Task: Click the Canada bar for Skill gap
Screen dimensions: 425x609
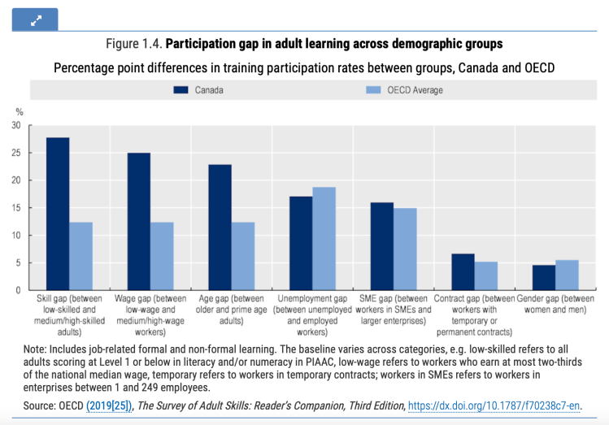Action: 58,214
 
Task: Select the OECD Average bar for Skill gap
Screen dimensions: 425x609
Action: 80,256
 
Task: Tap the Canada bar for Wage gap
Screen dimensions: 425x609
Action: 139,221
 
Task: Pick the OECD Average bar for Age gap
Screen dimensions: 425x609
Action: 243,256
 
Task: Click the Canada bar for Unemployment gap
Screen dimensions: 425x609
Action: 301,243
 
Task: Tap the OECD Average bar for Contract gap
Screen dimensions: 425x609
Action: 486,275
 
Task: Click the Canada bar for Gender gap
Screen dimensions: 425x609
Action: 544,277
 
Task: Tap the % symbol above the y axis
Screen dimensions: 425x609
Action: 19,111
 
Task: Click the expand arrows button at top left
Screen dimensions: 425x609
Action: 35,19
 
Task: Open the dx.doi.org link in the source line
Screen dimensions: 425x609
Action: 494,405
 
